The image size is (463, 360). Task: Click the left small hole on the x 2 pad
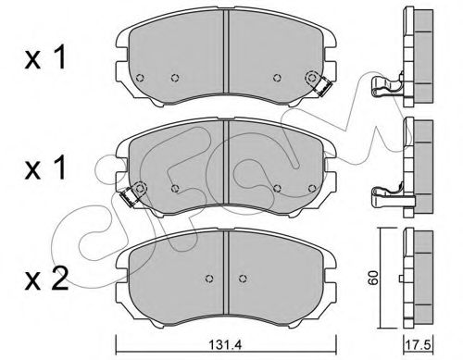point(211,278)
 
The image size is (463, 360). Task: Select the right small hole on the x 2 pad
point(243,278)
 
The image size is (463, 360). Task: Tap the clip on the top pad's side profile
point(387,92)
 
